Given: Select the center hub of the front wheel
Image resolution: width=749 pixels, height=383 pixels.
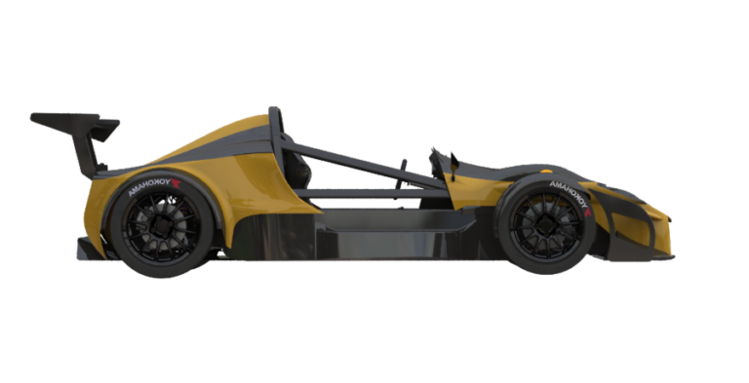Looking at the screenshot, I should pos(544,228).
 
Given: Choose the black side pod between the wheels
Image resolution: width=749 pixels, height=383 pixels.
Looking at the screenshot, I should pos(371,234).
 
